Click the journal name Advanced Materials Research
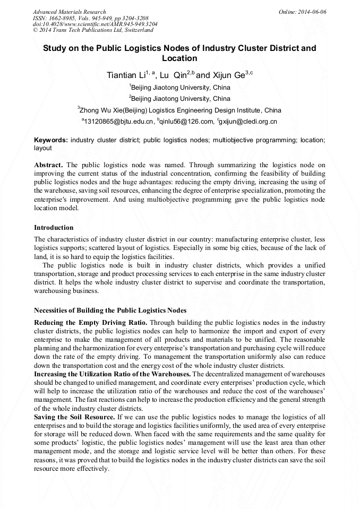(x=69, y=12)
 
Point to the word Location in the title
(x=179, y=58)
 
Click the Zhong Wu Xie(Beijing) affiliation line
(x=179, y=110)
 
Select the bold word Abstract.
(x=48, y=165)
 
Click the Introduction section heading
(x=54, y=228)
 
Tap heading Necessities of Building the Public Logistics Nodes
(x=110, y=310)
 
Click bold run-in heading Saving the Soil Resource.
(x=74, y=417)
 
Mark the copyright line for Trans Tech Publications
(x=93, y=31)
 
